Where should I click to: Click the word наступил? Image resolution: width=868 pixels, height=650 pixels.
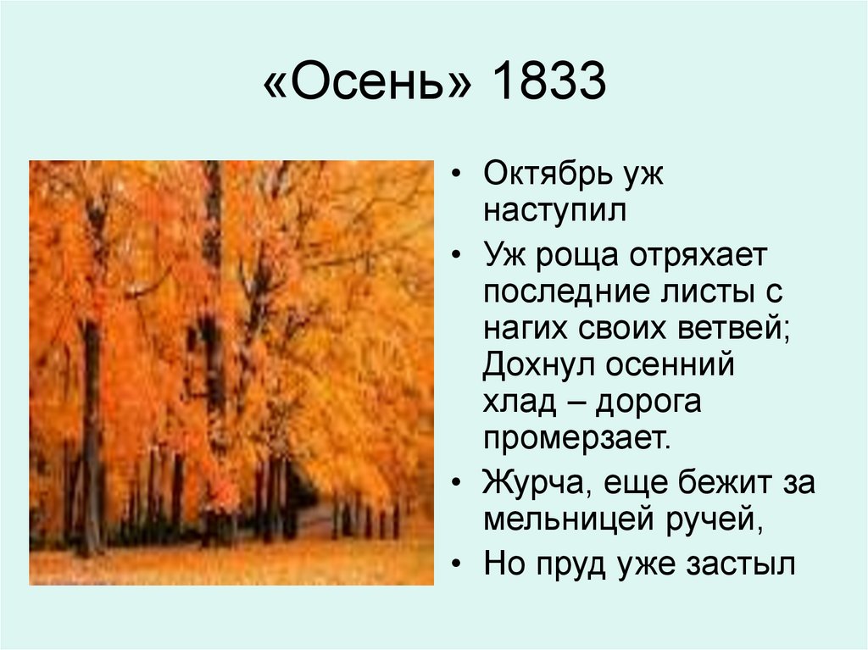pos(554,211)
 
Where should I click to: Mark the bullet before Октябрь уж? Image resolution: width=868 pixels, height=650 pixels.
pos(458,176)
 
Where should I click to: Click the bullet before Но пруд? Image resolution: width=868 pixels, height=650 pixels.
pos(458,564)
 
